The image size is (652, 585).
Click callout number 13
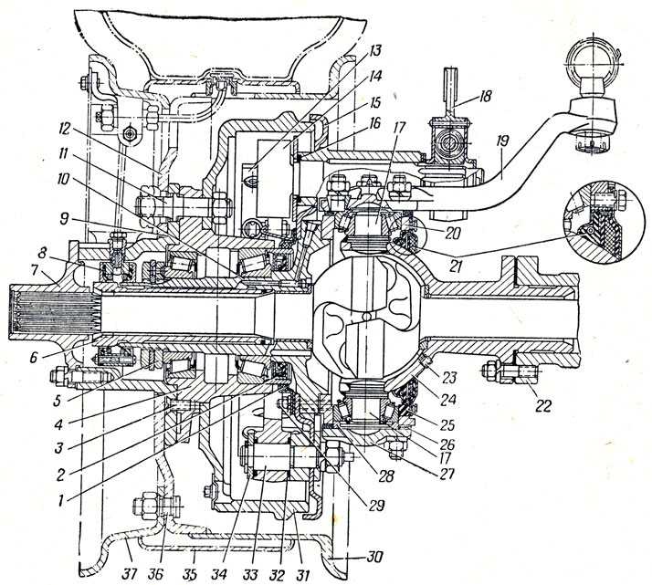coord(374,50)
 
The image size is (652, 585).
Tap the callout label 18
coord(483,96)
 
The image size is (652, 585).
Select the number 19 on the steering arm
coord(501,141)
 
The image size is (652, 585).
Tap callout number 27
coord(445,473)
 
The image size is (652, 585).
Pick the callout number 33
coord(249,575)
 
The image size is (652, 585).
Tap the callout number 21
coord(456,266)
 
